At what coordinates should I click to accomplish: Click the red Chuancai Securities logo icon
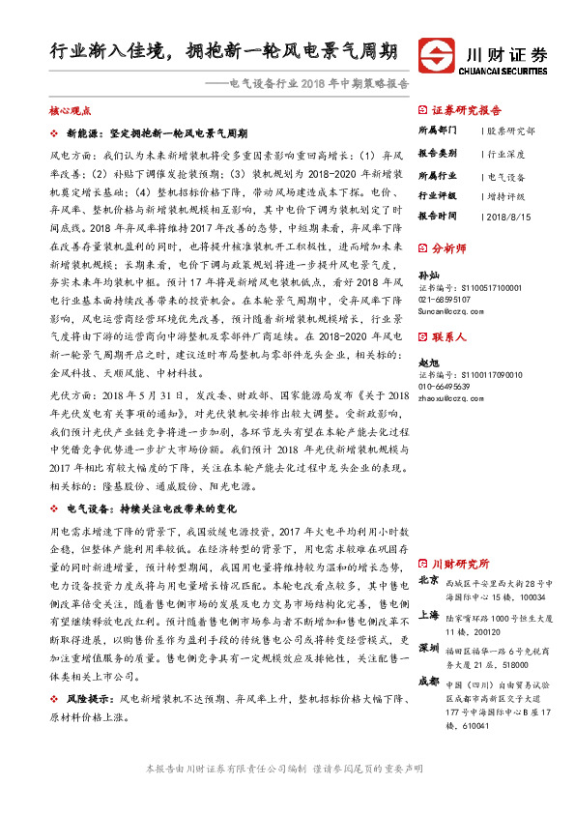[x=439, y=55]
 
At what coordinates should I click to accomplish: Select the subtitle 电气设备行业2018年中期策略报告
[x=318, y=83]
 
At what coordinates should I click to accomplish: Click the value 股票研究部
[x=511, y=131]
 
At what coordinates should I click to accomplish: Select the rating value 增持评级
[x=508, y=194]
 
